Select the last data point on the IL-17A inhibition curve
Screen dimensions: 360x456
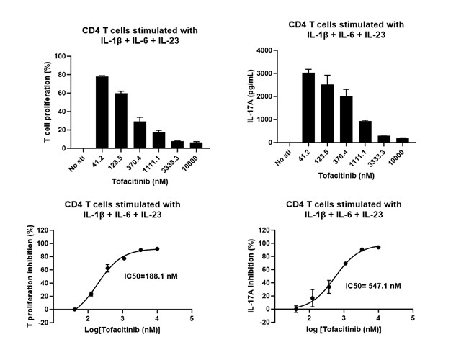378,247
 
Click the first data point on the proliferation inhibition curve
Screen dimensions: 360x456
74,309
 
